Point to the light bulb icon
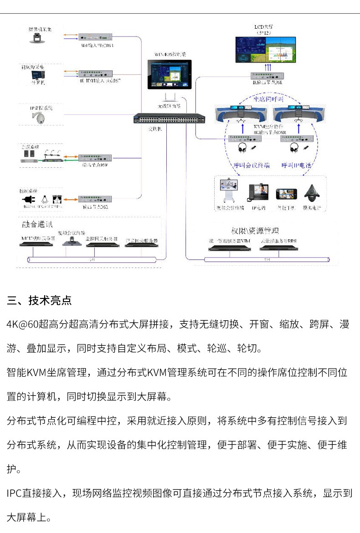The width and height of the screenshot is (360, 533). pos(44,200)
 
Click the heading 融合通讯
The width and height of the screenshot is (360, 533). pos(37,225)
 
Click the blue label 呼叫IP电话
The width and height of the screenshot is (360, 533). pos(296,165)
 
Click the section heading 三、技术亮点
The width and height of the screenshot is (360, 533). pos(39,301)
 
